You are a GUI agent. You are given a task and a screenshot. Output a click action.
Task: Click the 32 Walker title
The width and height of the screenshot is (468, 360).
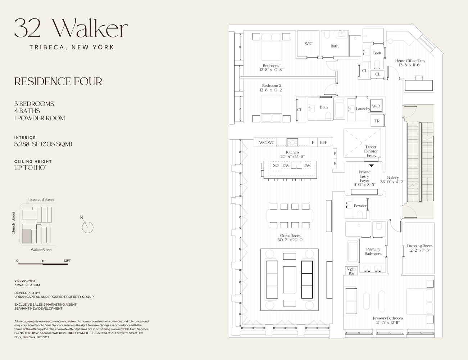[71, 28]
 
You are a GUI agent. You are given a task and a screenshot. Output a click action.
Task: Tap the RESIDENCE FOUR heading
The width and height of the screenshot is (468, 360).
[58, 82]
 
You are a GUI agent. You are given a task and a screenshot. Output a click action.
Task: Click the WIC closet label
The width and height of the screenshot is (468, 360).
[309, 44]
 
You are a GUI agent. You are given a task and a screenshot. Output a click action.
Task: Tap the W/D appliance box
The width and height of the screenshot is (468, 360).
[376, 106]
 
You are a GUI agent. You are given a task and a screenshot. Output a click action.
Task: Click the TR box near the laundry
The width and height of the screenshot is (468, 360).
[377, 121]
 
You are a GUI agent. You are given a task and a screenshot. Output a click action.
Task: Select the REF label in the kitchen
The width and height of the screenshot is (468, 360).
[323, 143]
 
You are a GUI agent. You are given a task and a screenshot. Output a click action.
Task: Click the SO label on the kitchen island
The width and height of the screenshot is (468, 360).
[276, 166]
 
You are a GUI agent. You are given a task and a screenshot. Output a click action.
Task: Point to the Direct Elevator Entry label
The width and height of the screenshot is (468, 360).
[371, 151]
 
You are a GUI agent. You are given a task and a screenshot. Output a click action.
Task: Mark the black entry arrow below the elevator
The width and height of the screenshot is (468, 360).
[372, 166]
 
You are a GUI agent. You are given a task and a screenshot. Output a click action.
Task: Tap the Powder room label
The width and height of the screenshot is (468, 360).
[360, 206]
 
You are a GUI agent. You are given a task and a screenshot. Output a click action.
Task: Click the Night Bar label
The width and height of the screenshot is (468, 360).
[351, 271]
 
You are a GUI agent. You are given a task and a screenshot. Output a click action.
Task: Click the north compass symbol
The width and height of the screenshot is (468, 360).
[87, 227]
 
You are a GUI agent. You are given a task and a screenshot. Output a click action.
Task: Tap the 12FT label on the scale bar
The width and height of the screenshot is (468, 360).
[67, 261]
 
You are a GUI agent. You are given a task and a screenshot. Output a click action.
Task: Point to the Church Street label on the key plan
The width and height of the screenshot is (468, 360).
[13, 223]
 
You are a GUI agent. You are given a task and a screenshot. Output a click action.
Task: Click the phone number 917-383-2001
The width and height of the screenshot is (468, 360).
[24, 281]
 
